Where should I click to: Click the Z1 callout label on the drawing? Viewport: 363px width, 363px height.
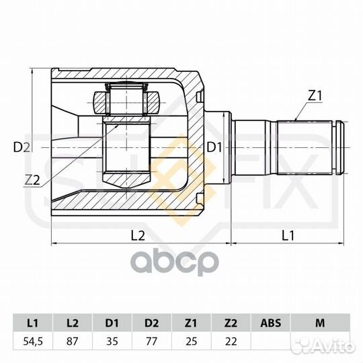point(315,95)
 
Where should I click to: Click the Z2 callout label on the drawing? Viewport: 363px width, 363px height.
point(33,179)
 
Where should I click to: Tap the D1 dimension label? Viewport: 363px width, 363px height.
point(214,147)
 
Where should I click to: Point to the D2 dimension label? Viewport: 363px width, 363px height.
point(22,147)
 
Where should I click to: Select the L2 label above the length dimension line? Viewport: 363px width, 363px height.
point(138,236)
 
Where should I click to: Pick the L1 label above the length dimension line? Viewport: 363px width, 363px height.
point(288,236)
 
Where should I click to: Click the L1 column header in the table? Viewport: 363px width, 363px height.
point(33,323)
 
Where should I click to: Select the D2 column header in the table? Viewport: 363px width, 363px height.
point(152,323)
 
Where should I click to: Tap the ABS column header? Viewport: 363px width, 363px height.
point(271,323)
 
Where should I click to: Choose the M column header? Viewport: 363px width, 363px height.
point(320,323)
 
